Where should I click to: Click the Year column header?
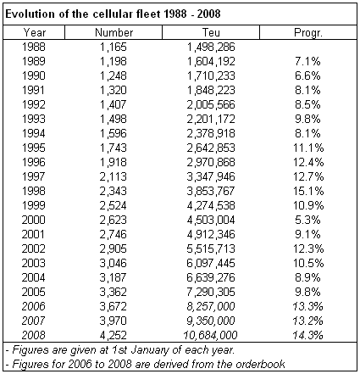click(34, 32)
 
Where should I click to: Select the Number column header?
click(114, 32)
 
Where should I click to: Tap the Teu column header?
click(211, 32)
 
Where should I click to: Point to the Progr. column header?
click(308, 33)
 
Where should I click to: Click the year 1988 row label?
click(34, 47)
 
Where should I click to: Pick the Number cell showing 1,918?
click(114, 162)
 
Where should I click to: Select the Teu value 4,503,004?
click(211, 220)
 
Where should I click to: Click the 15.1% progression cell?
click(308, 191)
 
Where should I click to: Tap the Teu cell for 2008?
click(210, 335)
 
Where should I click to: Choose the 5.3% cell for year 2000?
click(307, 220)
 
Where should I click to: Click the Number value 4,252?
click(114, 335)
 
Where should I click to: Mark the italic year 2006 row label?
click(33, 306)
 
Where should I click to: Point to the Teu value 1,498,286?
click(211, 47)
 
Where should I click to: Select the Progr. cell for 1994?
click(307, 133)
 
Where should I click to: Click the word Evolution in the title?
click(30, 14)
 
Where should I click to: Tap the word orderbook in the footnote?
click(260, 364)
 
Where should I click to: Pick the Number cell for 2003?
click(114, 263)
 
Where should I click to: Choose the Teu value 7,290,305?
click(211, 292)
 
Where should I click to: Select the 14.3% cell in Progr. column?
click(307, 335)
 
